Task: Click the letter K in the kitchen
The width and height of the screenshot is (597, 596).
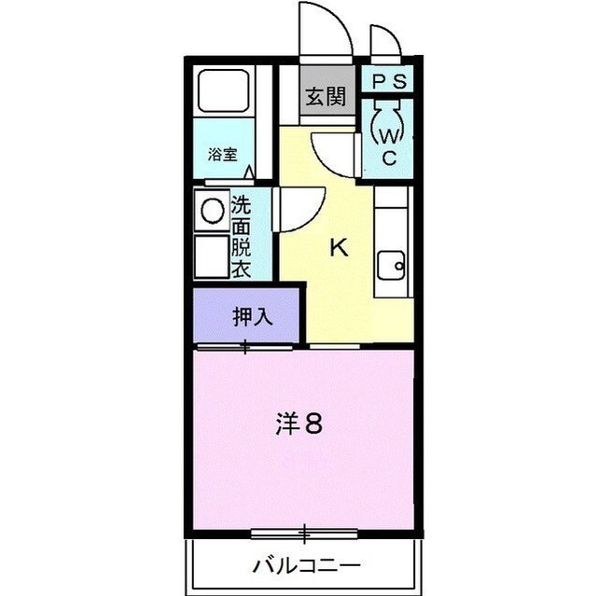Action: pyautogui.click(x=340, y=248)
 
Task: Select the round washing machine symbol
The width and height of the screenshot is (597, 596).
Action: pyautogui.click(x=214, y=211)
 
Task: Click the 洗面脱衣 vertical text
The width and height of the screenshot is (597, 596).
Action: pyautogui.click(x=241, y=238)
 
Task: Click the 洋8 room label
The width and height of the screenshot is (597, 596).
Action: pyautogui.click(x=299, y=424)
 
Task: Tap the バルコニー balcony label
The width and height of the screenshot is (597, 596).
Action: pyautogui.click(x=306, y=565)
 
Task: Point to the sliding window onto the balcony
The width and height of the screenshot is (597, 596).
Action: pyautogui.click(x=304, y=534)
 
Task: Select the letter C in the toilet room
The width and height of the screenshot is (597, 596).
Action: pyautogui.click(x=390, y=158)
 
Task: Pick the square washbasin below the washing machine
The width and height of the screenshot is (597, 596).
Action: pyautogui.click(x=212, y=255)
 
